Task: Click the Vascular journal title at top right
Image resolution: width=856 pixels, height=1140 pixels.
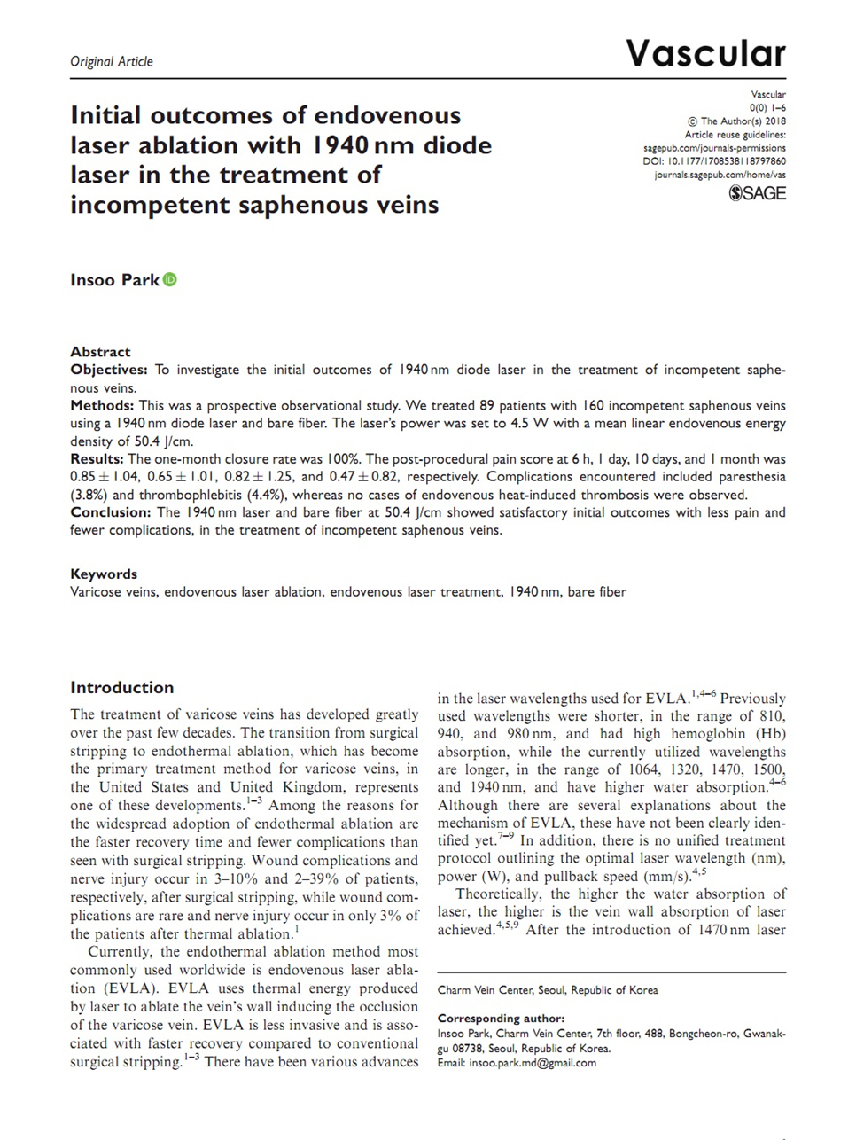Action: [705, 54]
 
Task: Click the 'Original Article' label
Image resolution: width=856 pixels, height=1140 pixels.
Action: [111, 61]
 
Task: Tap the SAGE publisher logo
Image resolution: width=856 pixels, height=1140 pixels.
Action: [757, 193]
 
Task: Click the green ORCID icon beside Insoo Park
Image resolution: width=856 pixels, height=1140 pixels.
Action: [170, 280]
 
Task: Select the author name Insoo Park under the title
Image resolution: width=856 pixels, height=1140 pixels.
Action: [114, 280]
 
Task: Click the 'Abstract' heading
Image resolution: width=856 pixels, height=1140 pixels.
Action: [100, 351]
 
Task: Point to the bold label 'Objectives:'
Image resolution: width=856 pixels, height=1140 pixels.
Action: [108, 370]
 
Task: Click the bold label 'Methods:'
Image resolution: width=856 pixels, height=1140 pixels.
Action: [101, 405]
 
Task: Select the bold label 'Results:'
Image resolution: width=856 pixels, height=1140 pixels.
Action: [97, 459]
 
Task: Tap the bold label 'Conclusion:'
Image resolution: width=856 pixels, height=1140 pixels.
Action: [111, 512]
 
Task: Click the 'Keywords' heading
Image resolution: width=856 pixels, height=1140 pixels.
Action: [104, 574]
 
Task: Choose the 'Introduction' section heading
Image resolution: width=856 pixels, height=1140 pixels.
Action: [121, 687]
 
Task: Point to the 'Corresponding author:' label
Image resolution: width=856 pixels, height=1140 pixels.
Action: [501, 1019]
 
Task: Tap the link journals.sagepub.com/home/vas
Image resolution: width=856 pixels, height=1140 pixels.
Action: [720, 176]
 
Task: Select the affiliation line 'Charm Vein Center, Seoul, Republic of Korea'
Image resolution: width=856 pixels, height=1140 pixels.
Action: [548, 990]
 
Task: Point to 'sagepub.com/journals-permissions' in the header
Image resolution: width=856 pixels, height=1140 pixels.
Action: [713, 149]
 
